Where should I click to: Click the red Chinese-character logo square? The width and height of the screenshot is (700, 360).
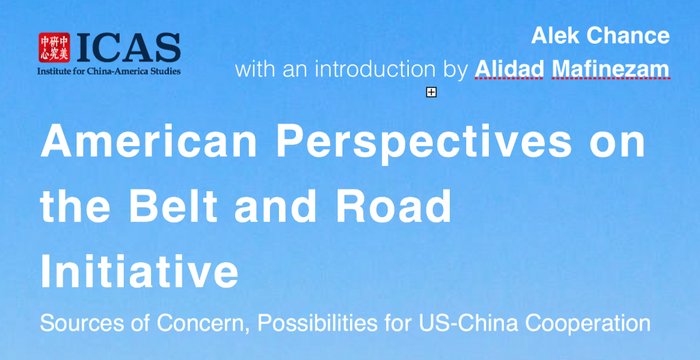click(54, 47)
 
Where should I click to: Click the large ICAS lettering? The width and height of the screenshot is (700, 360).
click(129, 47)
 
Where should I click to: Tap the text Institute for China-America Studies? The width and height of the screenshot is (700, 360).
click(109, 71)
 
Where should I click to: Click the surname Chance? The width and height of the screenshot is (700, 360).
click(628, 36)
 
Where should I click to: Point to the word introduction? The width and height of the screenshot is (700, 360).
click(375, 69)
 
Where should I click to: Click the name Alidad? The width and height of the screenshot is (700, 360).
click(509, 69)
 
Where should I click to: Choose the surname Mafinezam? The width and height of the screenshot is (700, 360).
click(611, 69)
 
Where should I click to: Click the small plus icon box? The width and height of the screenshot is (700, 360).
click(431, 92)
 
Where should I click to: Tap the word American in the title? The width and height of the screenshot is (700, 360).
click(149, 141)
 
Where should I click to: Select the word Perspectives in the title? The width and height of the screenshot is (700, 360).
click(424, 143)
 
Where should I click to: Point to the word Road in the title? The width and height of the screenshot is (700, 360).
click(393, 206)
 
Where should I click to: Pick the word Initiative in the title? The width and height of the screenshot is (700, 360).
click(139, 272)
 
